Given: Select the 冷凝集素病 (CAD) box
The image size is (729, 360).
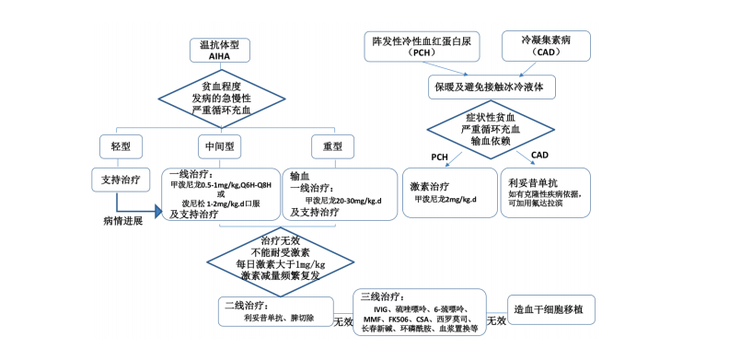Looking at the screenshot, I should tap(546, 46).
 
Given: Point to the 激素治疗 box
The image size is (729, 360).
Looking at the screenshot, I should tap(447, 192).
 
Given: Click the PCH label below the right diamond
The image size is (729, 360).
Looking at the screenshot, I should tap(440, 156).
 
